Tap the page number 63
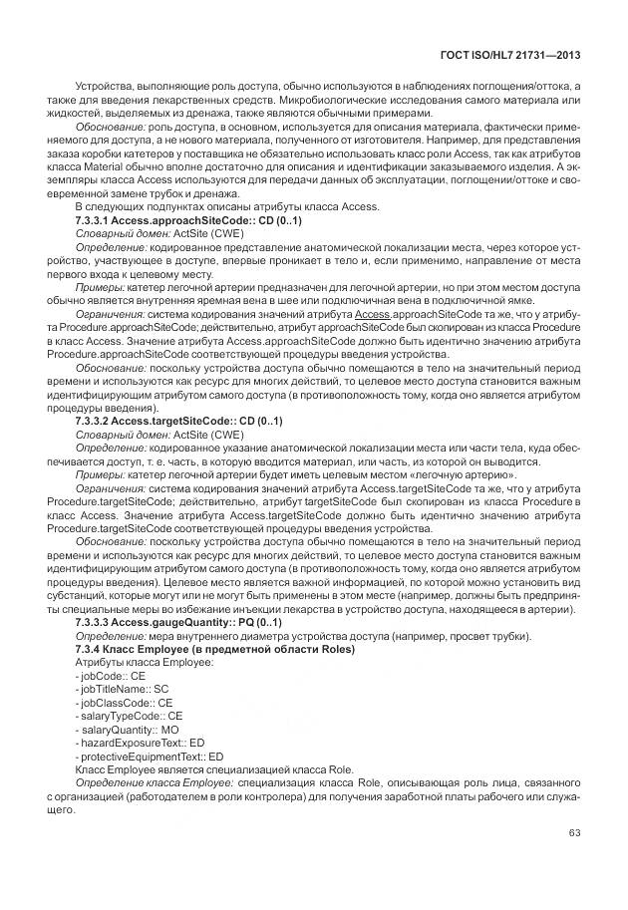click(x=574, y=832)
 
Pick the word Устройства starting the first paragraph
click(x=104, y=88)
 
